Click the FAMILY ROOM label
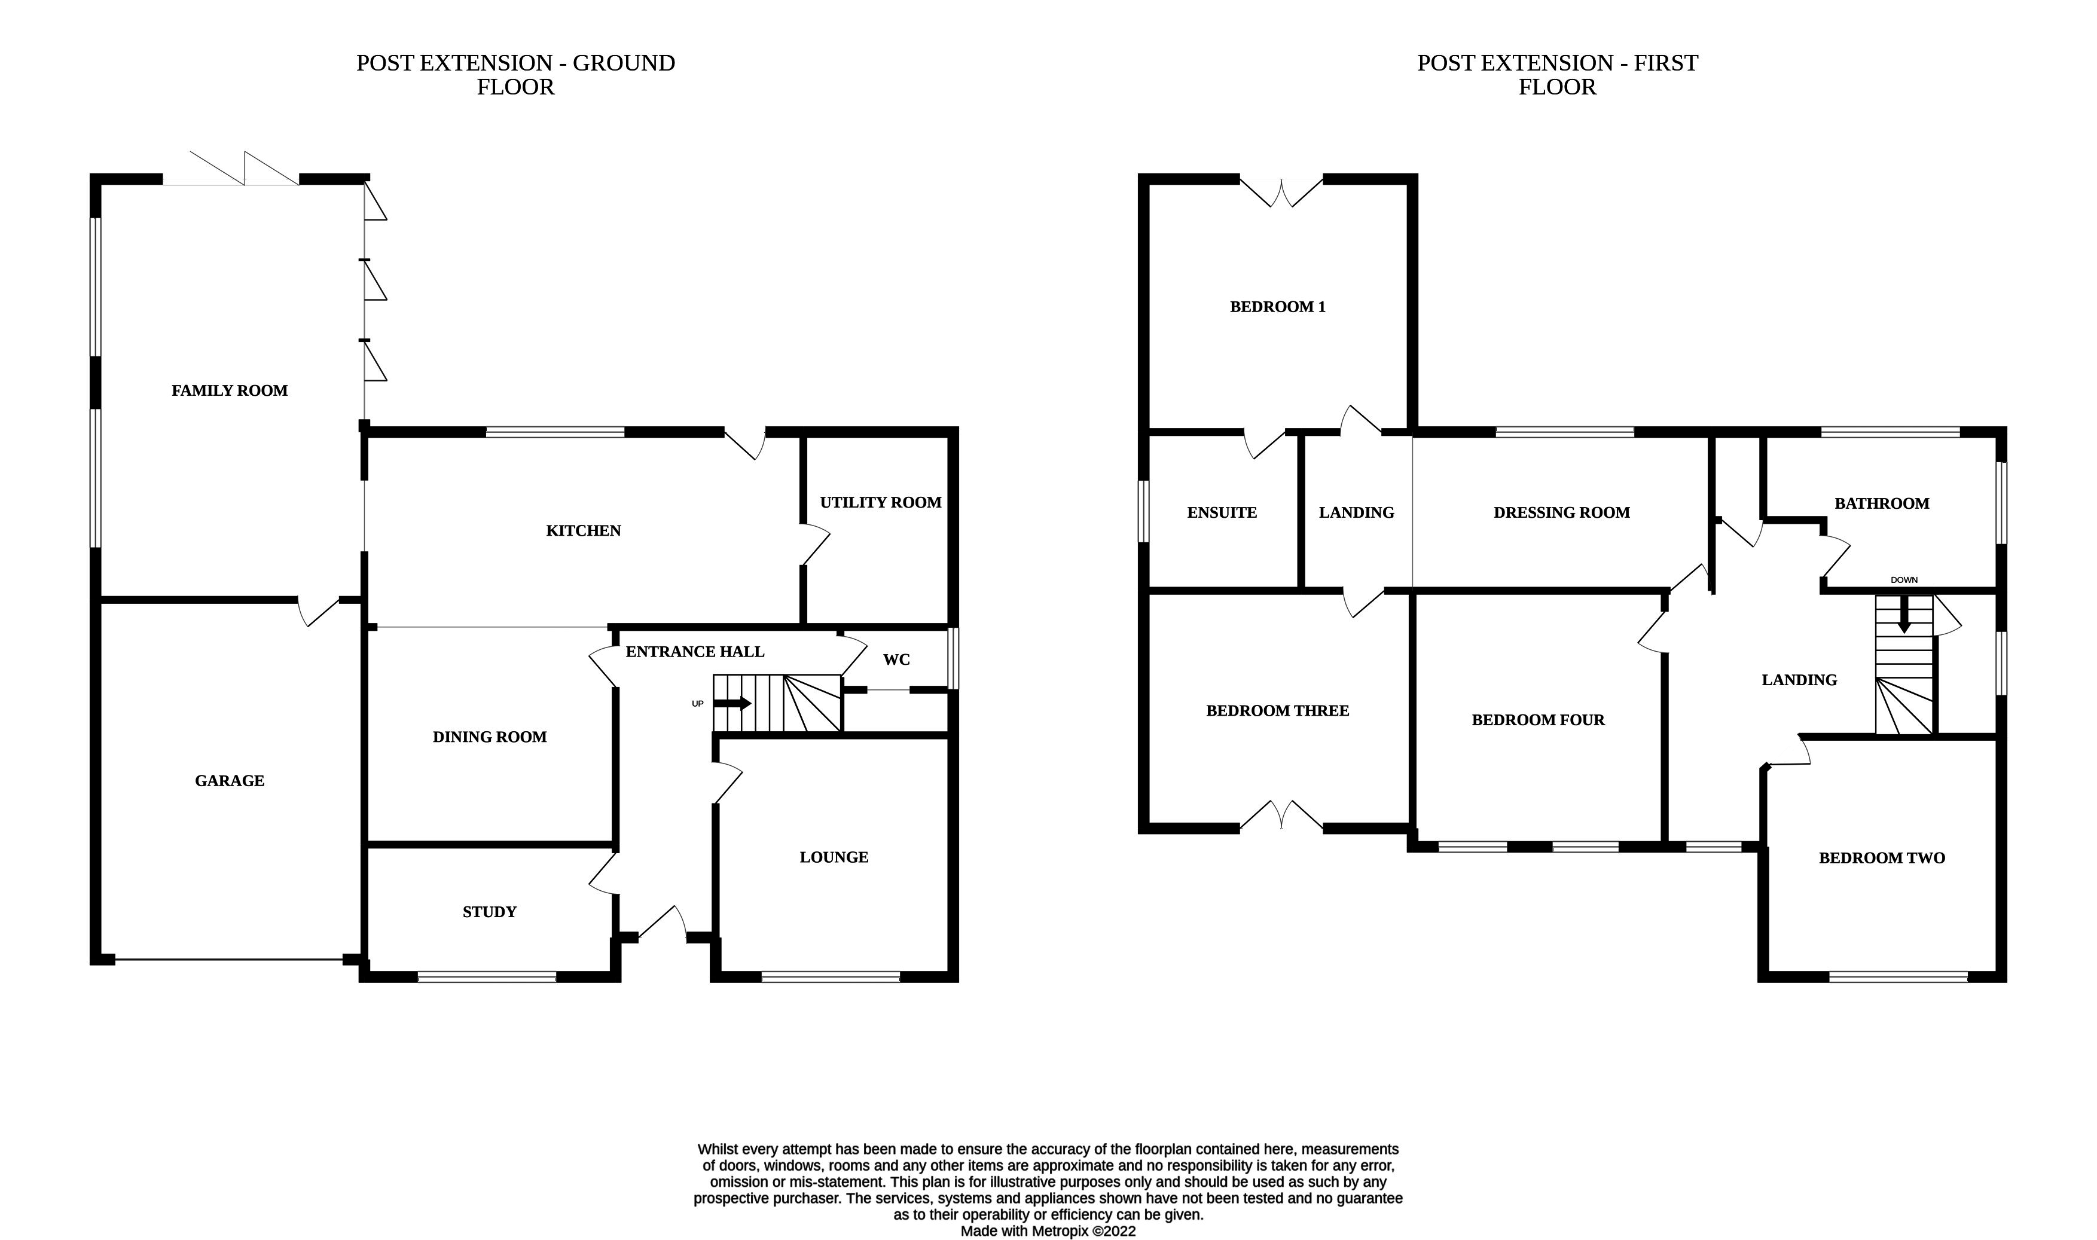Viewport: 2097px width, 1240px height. point(230,390)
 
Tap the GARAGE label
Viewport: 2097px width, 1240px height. point(230,780)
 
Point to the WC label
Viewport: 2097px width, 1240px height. point(896,659)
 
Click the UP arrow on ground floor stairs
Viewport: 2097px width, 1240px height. point(732,704)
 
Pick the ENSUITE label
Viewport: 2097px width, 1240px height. point(1222,512)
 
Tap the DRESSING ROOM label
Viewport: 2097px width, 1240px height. point(1561,512)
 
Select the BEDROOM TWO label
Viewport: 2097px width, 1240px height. point(1882,857)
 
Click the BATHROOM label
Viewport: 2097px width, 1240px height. point(1882,503)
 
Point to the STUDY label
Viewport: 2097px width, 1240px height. point(490,912)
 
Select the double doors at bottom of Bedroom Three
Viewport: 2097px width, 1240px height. point(1281,816)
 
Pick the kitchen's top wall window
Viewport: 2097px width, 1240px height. point(555,432)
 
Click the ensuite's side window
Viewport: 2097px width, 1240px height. point(1144,511)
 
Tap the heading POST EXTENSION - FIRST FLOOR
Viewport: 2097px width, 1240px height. point(1556,74)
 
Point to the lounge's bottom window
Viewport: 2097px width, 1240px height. point(831,976)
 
